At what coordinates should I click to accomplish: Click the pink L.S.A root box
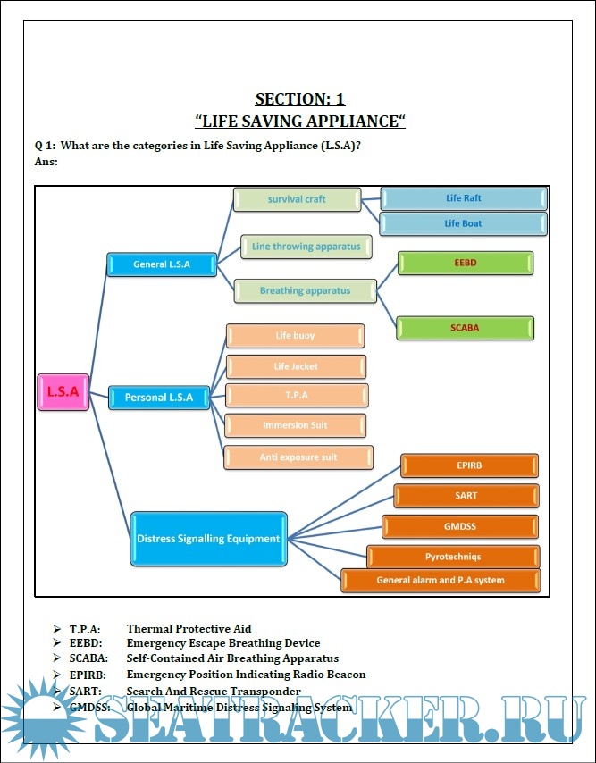(x=63, y=391)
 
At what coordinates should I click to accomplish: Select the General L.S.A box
(x=162, y=264)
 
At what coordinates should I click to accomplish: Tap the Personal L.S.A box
(x=159, y=398)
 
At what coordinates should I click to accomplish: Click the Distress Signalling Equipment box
(x=208, y=539)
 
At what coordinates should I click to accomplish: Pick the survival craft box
(x=297, y=199)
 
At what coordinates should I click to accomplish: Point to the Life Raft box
(x=463, y=197)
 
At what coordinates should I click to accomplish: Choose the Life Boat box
(x=463, y=223)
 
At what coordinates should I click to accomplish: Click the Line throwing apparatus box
(x=306, y=247)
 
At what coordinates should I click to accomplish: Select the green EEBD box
(x=466, y=264)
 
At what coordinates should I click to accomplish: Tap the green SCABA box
(x=465, y=328)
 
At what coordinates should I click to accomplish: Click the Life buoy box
(x=295, y=336)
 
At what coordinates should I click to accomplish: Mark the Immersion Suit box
(x=295, y=425)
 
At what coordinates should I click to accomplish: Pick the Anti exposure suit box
(x=298, y=457)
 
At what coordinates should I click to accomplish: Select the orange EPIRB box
(x=469, y=465)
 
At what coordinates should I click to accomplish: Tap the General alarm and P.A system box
(x=441, y=580)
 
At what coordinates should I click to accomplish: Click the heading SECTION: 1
(x=299, y=99)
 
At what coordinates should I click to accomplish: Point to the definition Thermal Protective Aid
(x=189, y=629)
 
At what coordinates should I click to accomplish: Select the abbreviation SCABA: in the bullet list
(x=88, y=658)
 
